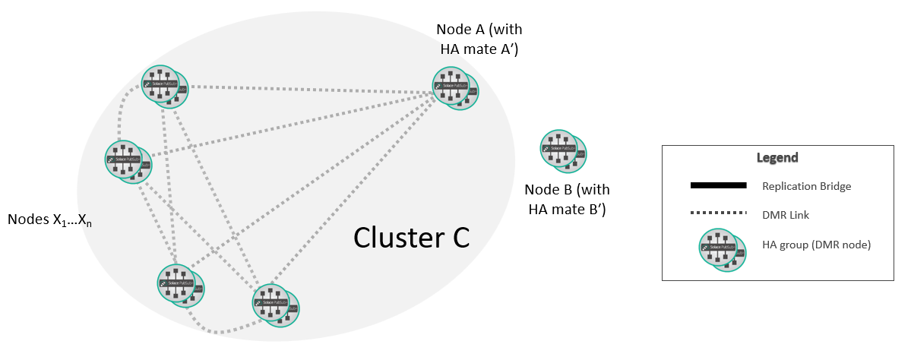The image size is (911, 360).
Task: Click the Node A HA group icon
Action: (x=455, y=88)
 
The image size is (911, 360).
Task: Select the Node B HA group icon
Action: (x=563, y=151)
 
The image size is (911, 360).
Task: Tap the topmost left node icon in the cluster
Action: (x=165, y=85)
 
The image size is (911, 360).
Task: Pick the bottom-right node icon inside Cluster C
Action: (x=275, y=306)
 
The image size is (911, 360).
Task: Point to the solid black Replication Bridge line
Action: (x=718, y=186)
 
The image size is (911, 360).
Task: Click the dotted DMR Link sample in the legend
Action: (x=718, y=215)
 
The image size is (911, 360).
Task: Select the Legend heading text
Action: (x=777, y=158)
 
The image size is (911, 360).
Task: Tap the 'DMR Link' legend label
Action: (x=786, y=215)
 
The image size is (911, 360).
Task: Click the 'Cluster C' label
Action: (x=411, y=238)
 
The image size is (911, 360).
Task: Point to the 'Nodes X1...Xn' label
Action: (x=49, y=219)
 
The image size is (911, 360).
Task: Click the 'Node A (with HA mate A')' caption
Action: (x=479, y=39)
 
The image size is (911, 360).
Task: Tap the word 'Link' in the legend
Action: (x=798, y=215)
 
